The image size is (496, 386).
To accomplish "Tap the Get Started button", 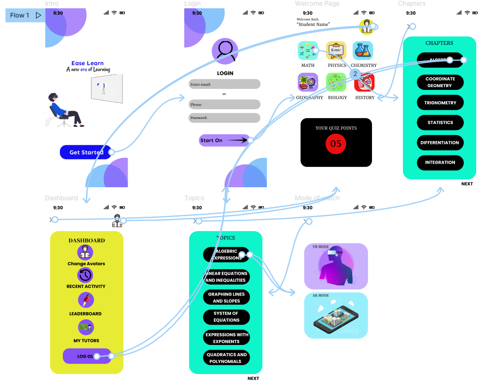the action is click(x=86, y=152).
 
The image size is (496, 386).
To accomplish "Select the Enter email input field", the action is click(x=224, y=84).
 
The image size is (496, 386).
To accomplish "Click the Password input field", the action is click(x=224, y=118).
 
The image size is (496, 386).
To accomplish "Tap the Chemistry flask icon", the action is click(x=363, y=51).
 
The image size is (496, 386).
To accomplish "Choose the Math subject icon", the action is click(x=307, y=51).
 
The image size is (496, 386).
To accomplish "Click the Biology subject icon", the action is click(x=336, y=83).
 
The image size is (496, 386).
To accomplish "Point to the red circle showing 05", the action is click(x=336, y=143).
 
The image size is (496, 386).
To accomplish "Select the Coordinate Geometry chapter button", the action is click(x=440, y=82).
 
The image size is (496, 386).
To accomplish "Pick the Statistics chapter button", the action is click(x=440, y=123).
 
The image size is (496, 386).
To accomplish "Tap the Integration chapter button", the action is click(x=440, y=162).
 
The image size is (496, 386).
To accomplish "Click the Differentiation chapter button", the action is click(x=440, y=143).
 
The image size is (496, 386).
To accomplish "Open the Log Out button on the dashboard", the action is click(x=87, y=356).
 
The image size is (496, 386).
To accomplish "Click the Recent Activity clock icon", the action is click(x=85, y=275).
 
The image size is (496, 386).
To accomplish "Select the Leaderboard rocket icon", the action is click(x=86, y=300).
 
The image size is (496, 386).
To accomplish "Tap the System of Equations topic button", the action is click(x=226, y=317).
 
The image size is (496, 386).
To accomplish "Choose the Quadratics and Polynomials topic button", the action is click(x=226, y=358).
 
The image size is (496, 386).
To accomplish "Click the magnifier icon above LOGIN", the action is click(x=225, y=50).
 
